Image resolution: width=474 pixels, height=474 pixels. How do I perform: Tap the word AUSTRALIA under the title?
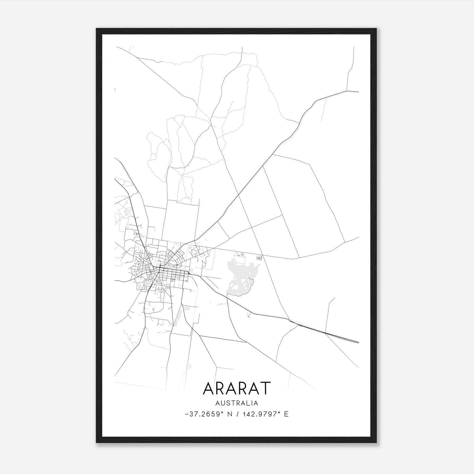pos(237,403)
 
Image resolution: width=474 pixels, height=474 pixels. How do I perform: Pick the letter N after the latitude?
pos(229,414)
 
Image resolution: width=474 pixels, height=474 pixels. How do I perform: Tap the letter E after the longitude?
pos(286,414)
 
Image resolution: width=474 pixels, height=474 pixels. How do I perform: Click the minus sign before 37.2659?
pos(187,414)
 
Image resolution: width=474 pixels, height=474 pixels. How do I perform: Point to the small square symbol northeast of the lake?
pos(260,258)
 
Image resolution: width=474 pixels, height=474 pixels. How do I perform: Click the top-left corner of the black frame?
pos(97,29)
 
